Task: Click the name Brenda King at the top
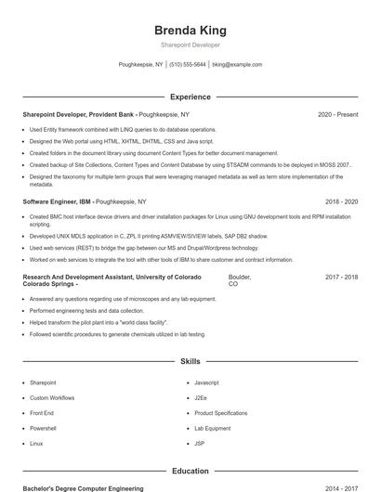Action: (x=190, y=30)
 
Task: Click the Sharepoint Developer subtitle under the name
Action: (x=190, y=45)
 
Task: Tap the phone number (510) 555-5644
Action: (x=188, y=65)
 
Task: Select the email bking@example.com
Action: (x=237, y=65)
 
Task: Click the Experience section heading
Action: (x=190, y=97)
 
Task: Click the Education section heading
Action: (x=190, y=471)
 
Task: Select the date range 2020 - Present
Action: (x=337, y=114)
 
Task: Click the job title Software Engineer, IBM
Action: (x=57, y=201)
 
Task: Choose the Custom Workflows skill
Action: (x=51, y=397)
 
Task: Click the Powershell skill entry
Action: (x=44, y=428)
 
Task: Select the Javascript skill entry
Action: (x=207, y=382)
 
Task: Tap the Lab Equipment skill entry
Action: (x=212, y=428)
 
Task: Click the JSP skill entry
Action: (x=200, y=444)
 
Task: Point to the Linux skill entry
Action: (x=36, y=444)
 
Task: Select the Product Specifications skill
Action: (x=221, y=413)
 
